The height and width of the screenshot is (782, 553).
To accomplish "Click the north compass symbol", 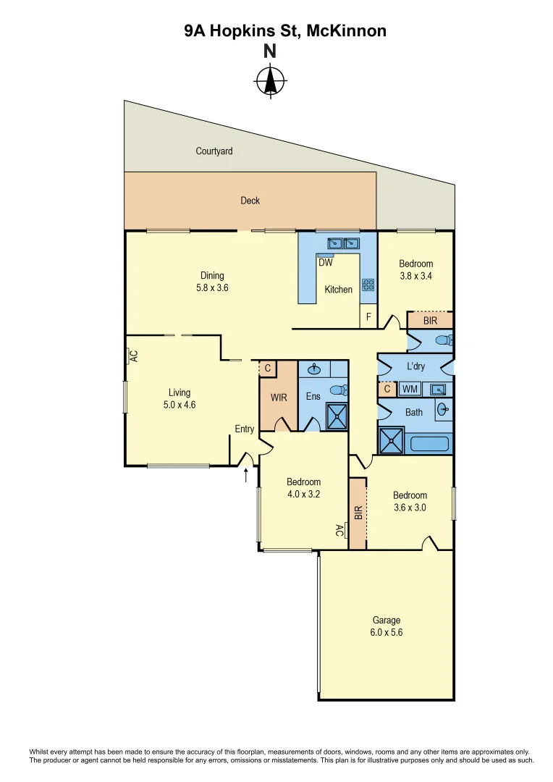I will pyautogui.click(x=270, y=80).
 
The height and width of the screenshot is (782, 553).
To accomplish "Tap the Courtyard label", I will pyautogui.click(x=214, y=151).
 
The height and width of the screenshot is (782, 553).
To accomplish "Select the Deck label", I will pyautogui.click(x=250, y=201).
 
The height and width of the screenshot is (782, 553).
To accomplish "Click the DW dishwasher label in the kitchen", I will pyautogui.click(x=326, y=263).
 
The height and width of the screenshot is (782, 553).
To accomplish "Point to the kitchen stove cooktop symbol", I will pyautogui.click(x=368, y=285).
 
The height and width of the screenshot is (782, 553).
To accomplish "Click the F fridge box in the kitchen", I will pyautogui.click(x=368, y=316).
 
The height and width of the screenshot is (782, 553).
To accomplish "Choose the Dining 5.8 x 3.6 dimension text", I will pyautogui.click(x=213, y=287).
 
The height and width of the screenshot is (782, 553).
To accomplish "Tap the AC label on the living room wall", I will pyautogui.click(x=133, y=356).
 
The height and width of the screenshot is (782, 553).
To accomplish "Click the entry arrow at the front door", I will pyautogui.click(x=246, y=475).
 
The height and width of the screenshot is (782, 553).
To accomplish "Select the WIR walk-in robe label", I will pyautogui.click(x=279, y=398).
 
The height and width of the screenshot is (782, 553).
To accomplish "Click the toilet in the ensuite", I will pyautogui.click(x=338, y=390).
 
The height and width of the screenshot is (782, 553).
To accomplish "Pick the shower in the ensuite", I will pyautogui.click(x=336, y=417).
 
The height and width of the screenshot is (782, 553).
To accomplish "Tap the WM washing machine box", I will pyautogui.click(x=410, y=390).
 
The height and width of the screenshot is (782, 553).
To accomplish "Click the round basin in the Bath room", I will pyautogui.click(x=443, y=410).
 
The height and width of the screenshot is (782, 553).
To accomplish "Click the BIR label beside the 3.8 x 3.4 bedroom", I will pyautogui.click(x=430, y=320).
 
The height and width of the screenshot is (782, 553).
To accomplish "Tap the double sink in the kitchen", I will pyautogui.click(x=344, y=243).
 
